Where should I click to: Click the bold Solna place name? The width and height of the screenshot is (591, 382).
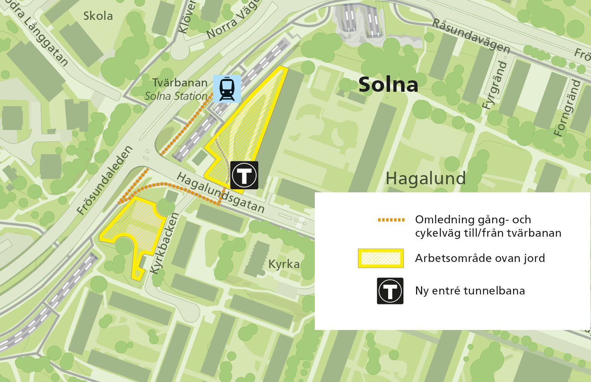388,85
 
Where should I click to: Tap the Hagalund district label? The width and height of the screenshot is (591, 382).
426,178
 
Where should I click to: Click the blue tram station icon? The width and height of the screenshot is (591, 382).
227,89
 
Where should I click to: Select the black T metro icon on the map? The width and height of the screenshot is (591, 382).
244,175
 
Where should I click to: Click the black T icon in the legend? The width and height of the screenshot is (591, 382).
390,291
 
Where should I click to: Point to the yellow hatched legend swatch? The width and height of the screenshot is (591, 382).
381,258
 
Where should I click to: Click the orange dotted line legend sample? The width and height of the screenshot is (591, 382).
391,220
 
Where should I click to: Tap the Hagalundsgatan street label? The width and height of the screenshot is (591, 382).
221,193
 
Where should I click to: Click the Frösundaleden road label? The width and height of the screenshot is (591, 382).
105,180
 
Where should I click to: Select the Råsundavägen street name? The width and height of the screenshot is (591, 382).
471,36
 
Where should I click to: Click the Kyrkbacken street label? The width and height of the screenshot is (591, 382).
164,243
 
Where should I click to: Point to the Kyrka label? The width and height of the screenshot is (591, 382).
284,264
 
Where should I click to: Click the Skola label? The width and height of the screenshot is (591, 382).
98,16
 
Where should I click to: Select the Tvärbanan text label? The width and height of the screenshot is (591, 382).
180,83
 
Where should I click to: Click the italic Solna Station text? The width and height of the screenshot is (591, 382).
176,96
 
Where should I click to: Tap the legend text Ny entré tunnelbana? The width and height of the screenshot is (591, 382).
470,291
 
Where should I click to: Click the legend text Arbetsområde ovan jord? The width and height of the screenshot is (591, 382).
480,258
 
